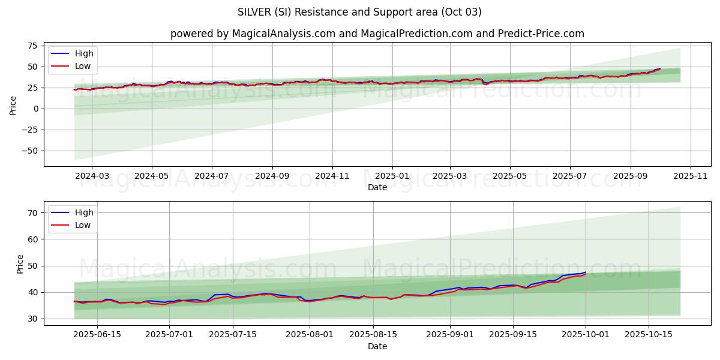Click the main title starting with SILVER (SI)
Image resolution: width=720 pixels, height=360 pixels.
click(359, 12)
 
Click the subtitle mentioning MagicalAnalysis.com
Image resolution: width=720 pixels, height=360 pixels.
click(377, 34)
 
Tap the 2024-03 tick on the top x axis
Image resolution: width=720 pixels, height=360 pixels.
click(92, 176)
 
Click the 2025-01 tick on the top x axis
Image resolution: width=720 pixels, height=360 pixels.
click(392, 176)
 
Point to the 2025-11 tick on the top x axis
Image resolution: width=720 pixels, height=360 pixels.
click(691, 176)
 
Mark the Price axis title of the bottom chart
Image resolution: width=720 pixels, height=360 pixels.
click(20, 263)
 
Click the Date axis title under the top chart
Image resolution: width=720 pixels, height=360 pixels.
click(377, 187)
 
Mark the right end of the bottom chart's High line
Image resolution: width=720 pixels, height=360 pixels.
click(586, 272)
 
